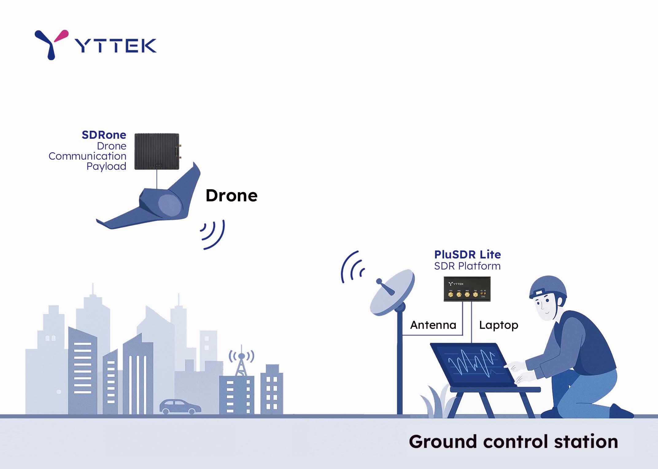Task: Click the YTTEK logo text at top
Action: [x=116, y=45]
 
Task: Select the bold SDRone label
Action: [x=104, y=135]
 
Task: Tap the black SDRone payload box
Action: [x=157, y=151]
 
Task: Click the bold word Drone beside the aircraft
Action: [x=231, y=196]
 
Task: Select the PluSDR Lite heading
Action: [x=467, y=254]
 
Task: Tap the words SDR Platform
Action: [x=467, y=266]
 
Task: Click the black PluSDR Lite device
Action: [x=467, y=289]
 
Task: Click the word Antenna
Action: [x=433, y=325]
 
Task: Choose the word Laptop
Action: [x=499, y=325]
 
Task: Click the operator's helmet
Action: [x=548, y=287]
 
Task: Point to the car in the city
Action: [x=180, y=406]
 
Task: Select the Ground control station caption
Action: [x=513, y=442]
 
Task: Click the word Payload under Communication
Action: [x=106, y=166]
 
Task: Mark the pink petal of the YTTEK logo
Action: [x=61, y=35]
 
